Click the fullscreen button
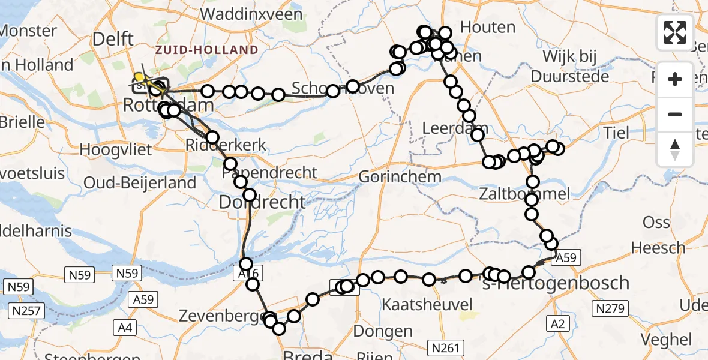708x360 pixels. tap(675, 32)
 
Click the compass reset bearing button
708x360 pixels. tap(675, 149)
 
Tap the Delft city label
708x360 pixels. tap(113, 39)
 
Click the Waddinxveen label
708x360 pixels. tap(250, 14)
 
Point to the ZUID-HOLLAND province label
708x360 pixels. tap(206, 50)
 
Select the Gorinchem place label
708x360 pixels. tap(400, 178)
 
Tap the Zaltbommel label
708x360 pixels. tap(524, 194)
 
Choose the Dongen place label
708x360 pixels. tap(383, 331)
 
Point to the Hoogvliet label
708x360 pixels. tap(116, 150)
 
